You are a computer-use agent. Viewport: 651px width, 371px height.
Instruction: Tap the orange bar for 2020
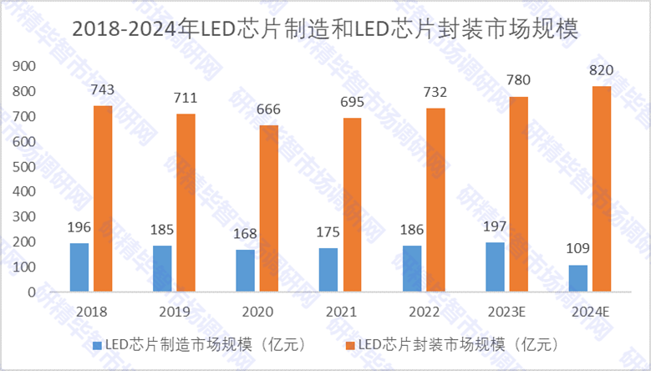click(269, 209)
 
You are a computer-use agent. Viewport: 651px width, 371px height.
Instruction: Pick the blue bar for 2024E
click(577, 278)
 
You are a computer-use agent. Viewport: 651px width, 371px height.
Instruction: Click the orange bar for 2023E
click(518, 195)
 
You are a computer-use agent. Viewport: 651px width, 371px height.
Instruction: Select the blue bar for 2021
click(328, 270)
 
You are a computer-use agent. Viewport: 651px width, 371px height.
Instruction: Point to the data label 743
click(103, 90)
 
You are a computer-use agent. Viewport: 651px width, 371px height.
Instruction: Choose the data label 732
click(435, 93)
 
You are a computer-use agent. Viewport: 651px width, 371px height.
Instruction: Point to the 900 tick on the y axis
click(24, 66)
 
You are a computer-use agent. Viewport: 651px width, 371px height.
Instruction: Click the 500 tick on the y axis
click(24, 167)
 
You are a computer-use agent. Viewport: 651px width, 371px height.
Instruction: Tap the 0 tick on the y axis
click(32, 292)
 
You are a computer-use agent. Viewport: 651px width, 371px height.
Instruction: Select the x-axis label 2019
click(174, 311)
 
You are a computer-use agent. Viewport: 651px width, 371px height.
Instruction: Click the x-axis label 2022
click(424, 311)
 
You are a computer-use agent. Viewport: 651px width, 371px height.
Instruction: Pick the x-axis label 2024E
click(590, 311)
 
